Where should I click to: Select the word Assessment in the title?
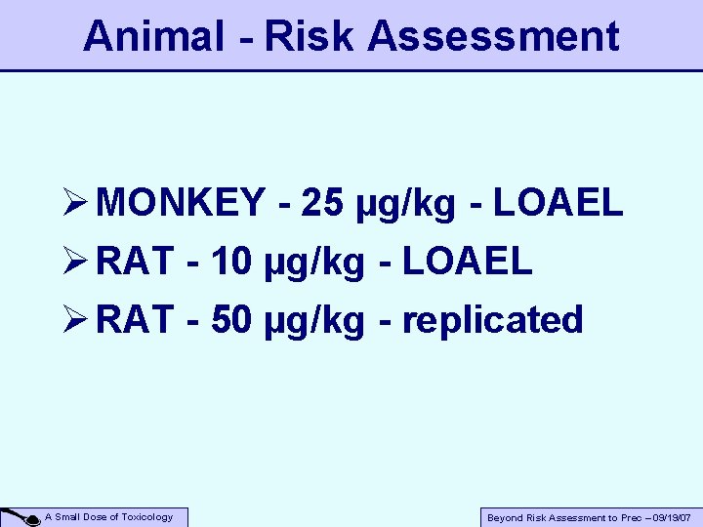point(494,36)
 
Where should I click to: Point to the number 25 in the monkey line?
point(322,203)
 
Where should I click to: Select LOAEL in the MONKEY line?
point(558,203)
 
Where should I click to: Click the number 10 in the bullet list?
point(230,261)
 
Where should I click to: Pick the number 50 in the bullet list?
point(230,319)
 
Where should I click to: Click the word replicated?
point(493,319)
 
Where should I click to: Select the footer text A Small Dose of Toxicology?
point(109,517)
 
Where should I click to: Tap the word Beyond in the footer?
point(505,518)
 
